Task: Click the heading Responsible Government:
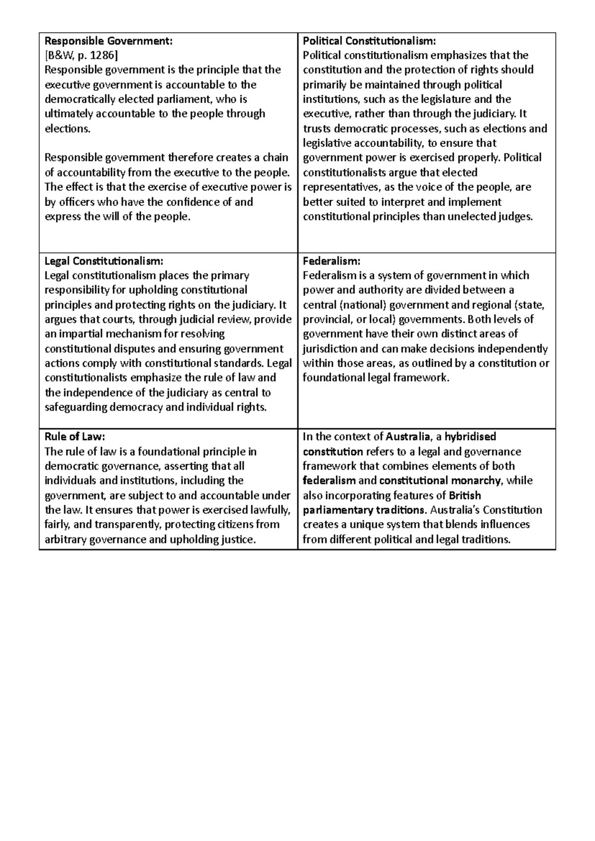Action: [x=109, y=41]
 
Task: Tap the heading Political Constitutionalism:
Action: [x=369, y=41]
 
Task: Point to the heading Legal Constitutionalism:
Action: [x=104, y=261]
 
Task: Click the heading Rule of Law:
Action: [x=75, y=437]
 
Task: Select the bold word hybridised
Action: [x=470, y=437]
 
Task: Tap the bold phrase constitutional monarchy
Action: [x=439, y=481]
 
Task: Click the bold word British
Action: [x=465, y=495]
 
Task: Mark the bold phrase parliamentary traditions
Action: [x=364, y=510]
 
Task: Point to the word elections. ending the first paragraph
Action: [x=68, y=129]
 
